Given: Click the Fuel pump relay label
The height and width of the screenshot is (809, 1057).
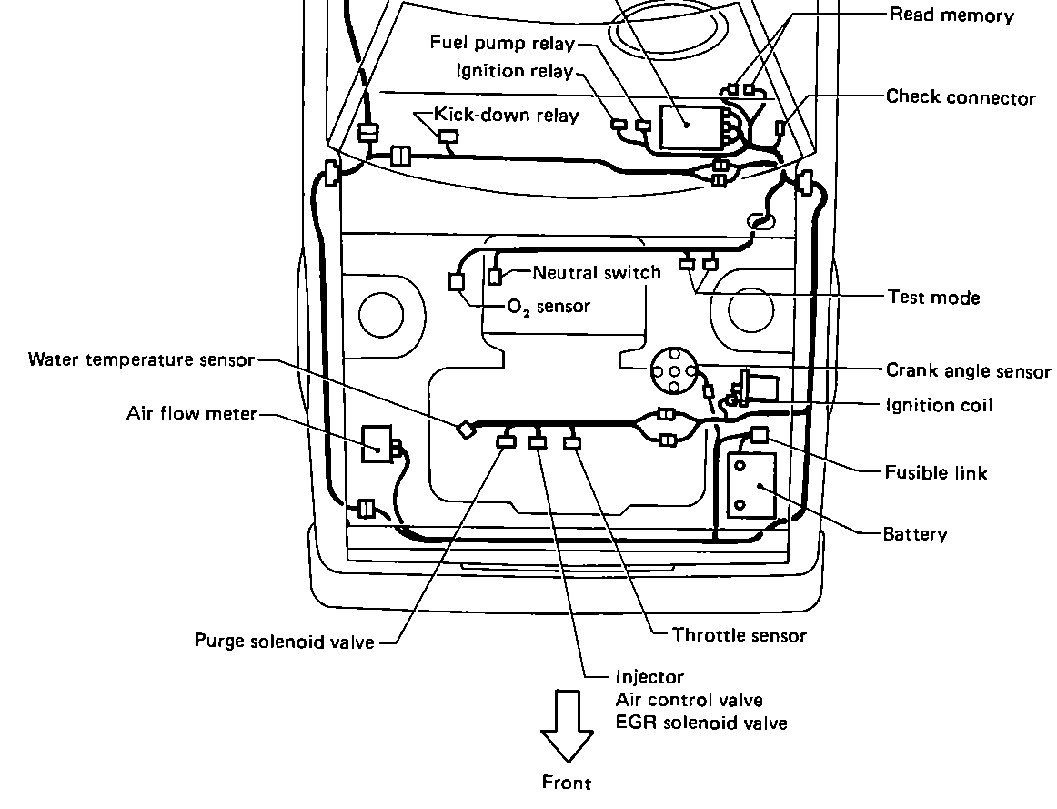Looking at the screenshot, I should pyautogui.click(x=502, y=43).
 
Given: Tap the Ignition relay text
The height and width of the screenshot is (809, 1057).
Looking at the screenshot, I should pyautogui.click(x=515, y=71).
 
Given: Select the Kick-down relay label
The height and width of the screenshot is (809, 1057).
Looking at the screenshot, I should pyautogui.click(x=506, y=115).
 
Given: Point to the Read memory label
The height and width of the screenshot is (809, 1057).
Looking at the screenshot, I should pyautogui.click(x=951, y=15).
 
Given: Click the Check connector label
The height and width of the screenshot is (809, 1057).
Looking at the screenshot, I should pyautogui.click(x=961, y=97).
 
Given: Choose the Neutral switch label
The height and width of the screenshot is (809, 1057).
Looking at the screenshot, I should pyautogui.click(x=597, y=272).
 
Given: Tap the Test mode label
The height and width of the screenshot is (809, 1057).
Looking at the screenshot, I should pyautogui.click(x=933, y=297).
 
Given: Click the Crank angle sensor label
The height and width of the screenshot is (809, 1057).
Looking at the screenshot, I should pyautogui.click(x=968, y=371).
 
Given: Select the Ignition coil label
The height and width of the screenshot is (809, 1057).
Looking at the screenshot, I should pyautogui.click(x=939, y=405).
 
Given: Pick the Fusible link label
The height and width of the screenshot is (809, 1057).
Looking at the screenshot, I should pyautogui.click(x=936, y=472).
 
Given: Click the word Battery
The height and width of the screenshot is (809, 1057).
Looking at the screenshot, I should pyautogui.click(x=915, y=534).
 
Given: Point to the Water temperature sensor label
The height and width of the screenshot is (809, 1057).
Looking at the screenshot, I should pyautogui.click(x=141, y=359).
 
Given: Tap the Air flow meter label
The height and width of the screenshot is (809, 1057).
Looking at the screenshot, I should pyautogui.click(x=191, y=414).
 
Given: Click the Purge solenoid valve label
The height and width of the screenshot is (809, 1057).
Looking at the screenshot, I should pyautogui.click(x=284, y=642).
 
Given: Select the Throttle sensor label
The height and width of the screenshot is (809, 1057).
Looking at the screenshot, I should pyautogui.click(x=739, y=635).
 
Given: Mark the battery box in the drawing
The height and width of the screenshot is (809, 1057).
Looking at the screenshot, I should pyautogui.click(x=751, y=485).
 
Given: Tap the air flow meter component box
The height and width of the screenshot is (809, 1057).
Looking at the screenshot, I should pyautogui.click(x=376, y=444).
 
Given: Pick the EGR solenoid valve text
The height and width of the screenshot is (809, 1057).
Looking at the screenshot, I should pyautogui.click(x=701, y=723).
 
